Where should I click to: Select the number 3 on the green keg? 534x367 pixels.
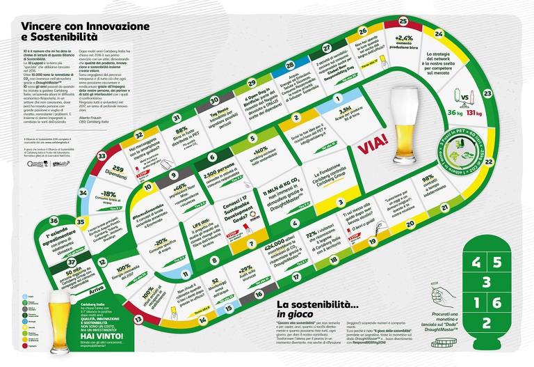[487, 282]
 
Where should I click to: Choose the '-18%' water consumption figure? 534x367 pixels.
[108, 194]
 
